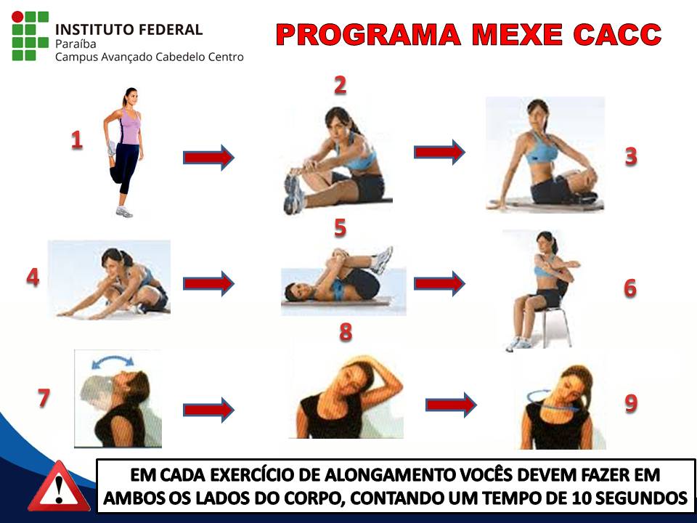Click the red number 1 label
[76, 139]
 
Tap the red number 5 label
[340, 228]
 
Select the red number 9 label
[631, 403]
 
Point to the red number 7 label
[44, 398]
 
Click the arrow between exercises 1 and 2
[208, 157]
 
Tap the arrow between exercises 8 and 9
[451, 404]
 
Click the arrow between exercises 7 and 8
[208, 410]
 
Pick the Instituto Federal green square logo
[30, 36]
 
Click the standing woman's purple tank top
[130, 128]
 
